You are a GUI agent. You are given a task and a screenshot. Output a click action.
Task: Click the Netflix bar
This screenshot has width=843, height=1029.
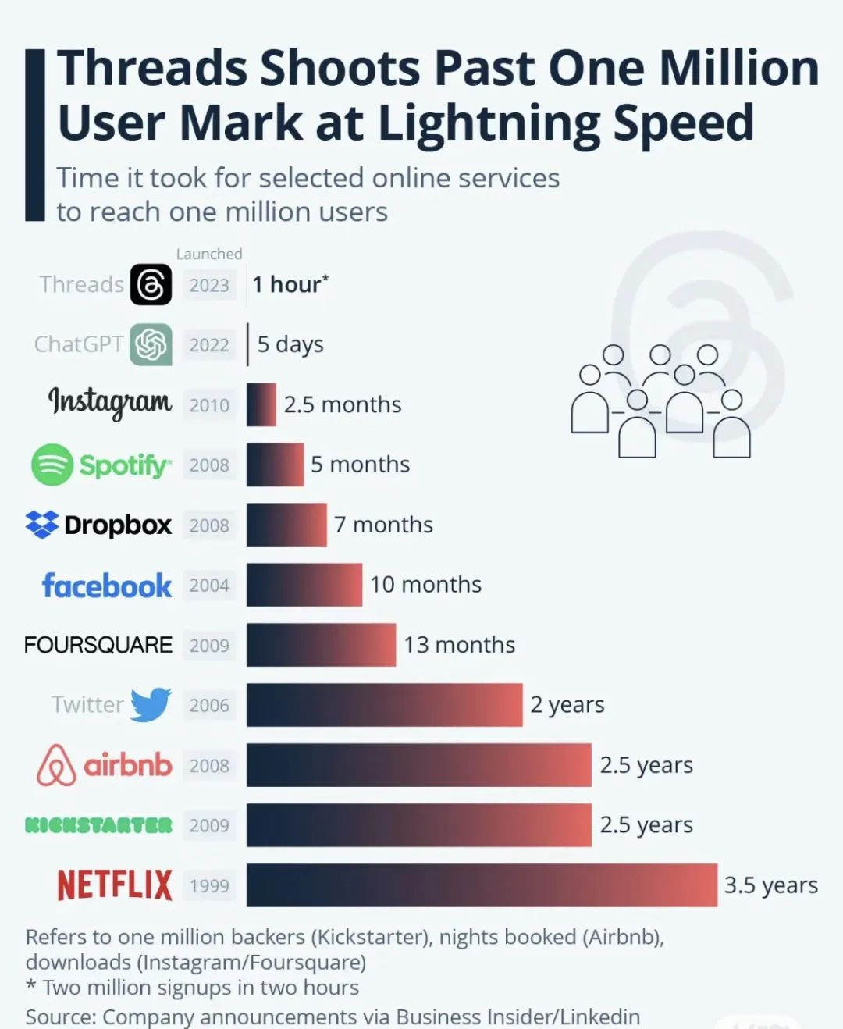(482, 885)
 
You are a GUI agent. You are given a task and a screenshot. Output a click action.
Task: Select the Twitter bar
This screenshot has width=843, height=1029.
(384, 705)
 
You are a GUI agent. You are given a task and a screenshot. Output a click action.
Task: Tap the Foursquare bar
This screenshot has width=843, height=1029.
(321, 645)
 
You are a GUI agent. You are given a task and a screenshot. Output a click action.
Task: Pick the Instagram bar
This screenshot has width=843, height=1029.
(261, 404)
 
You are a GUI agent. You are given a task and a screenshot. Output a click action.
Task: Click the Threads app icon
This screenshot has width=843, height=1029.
(151, 284)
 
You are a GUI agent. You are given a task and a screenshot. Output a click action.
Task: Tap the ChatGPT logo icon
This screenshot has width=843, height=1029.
(151, 344)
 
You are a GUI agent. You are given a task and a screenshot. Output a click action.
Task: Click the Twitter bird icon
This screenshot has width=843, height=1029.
(151, 705)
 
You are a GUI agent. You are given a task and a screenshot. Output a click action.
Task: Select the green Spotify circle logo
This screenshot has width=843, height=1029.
(52, 465)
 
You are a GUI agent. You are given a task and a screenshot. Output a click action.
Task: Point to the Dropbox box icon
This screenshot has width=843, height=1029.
(42, 525)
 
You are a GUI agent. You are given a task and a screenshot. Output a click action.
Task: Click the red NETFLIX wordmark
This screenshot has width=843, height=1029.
(115, 885)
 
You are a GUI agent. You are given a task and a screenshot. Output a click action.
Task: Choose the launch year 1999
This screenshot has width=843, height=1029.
(209, 886)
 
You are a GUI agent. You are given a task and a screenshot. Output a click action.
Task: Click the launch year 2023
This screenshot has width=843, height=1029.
(209, 285)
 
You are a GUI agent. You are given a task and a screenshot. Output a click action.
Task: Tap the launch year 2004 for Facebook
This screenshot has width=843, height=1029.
(209, 586)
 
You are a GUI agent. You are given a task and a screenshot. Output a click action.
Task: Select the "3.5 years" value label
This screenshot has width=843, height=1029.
(770, 885)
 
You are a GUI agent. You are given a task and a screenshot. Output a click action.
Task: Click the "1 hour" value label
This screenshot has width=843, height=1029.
(290, 284)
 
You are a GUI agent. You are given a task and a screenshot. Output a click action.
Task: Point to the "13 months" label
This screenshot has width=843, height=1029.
(459, 645)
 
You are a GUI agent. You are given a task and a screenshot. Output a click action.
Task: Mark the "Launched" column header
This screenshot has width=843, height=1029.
(209, 254)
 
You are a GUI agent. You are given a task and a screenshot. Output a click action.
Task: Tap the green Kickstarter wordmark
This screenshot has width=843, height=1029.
(98, 825)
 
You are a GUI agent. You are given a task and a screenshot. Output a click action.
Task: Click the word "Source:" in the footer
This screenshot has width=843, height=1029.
(60, 1017)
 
